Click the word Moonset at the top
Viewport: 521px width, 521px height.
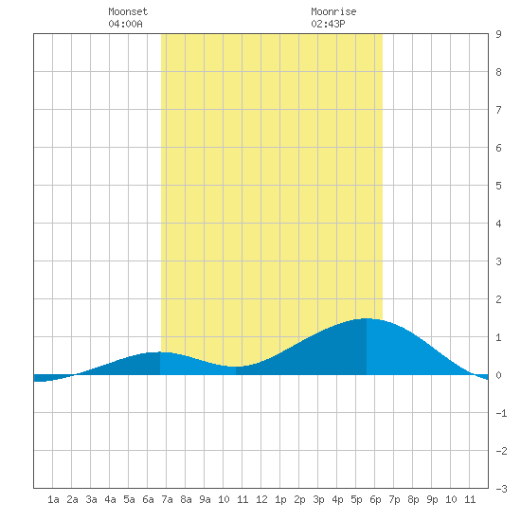[128, 11]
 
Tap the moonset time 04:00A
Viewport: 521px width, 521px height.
[125, 24]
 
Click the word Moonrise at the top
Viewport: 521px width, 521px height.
[333, 11]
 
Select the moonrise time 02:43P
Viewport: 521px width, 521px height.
[328, 24]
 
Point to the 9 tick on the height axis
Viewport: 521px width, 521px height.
[498, 34]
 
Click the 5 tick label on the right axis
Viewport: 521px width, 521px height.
[498, 186]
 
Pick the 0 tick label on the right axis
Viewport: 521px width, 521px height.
[498, 375]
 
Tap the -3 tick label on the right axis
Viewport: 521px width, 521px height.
[501, 489]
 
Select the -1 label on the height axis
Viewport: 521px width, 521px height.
[501, 413]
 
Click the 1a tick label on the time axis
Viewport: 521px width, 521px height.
[53, 499]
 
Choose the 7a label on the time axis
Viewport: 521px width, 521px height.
[167, 499]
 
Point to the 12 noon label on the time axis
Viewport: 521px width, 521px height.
[261, 499]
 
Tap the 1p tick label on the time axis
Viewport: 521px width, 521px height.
[280, 499]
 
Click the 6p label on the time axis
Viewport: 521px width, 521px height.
[375, 499]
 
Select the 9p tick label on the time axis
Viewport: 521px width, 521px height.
[432, 499]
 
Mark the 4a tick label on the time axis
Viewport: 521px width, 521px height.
[110, 499]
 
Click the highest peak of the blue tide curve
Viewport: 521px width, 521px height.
[367, 318]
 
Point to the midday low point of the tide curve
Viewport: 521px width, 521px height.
[236, 367]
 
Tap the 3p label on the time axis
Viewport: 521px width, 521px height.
[318, 499]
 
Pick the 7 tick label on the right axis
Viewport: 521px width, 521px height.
[498, 110]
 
